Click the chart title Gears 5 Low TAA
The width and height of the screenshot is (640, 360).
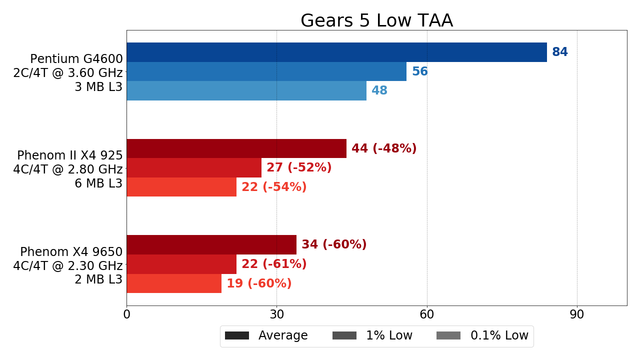(x=376, y=21)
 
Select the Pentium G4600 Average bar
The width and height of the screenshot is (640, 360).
(x=336, y=52)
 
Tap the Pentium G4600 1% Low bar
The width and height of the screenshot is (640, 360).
(x=266, y=71)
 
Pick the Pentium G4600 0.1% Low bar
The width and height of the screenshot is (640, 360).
(x=246, y=90)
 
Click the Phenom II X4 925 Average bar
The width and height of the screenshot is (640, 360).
(x=236, y=148)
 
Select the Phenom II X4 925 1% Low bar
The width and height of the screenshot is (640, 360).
(x=194, y=168)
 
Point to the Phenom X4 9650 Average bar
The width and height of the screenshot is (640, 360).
(x=211, y=244)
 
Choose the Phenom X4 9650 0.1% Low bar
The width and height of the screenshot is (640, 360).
(x=174, y=283)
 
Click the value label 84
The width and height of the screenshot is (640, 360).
(x=560, y=52)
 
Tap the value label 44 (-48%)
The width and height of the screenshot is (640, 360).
(x=384, y=148)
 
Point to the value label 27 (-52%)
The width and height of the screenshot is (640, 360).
(x=299, y=168)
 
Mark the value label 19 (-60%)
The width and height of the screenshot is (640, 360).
(x=259, y=283)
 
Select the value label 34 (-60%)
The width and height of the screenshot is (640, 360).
(x=334, y=244)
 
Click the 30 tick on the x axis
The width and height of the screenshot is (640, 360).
(x=276, y=315)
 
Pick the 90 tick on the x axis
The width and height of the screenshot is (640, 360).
(x=577, y=315)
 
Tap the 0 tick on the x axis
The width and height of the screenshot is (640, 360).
(x=126, y=315)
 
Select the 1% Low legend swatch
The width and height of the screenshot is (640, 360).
(x=344, y=335)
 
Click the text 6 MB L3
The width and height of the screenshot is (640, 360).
(x=98, y=183)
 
